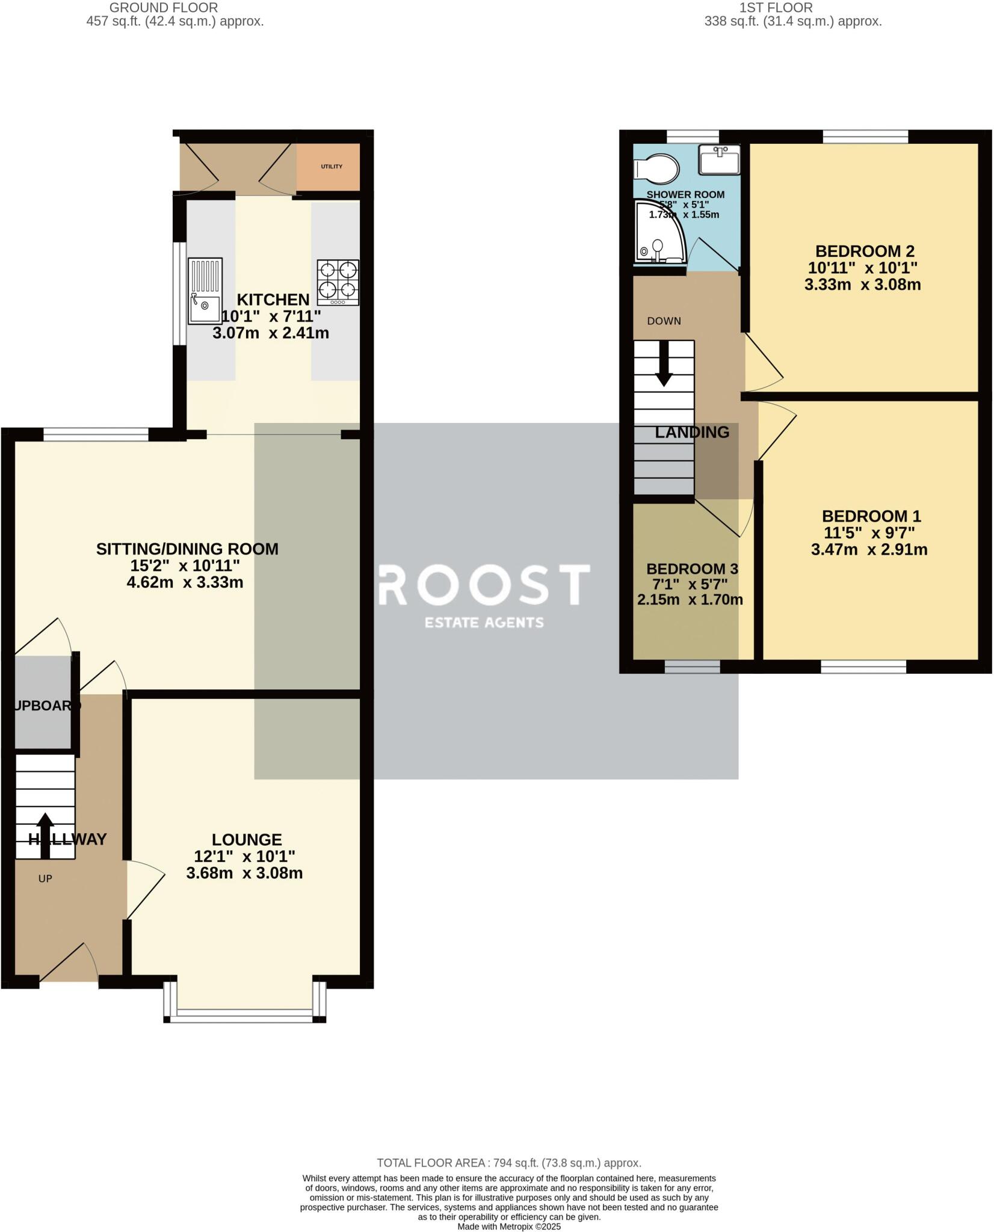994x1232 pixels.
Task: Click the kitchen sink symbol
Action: click(x=205, y=291)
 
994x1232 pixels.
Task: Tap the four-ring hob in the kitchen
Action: click(x=338, y=282)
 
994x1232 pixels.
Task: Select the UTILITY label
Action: click(x=332, y=167)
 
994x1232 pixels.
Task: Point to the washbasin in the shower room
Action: click(x=719, y=159)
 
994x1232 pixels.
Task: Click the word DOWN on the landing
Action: click(x=664, y=321)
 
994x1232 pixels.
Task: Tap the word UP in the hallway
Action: click(x=45, y=879)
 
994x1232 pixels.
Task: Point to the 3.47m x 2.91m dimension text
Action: click(x=869, y=550)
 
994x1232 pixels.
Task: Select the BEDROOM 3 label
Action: click(x=692, y=569)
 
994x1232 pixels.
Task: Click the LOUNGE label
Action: click(x=247, y=839)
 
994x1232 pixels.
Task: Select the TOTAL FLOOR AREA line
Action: click(x=508, y=1163)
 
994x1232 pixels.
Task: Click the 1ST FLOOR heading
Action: click(x=776, y=8)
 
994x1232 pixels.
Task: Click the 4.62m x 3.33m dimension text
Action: click(x=187, y=582)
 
